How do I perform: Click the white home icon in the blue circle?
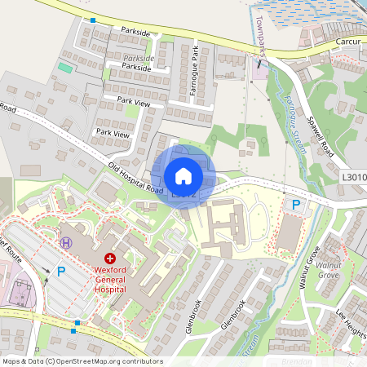point(183,175)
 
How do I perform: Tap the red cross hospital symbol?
point(110,257)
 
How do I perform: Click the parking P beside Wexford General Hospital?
point(60,272)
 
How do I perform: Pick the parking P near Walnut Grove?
point(296,206)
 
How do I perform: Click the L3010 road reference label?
point(354,177)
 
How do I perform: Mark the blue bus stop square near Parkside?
point(93,20)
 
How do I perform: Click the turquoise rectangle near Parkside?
point(64,66)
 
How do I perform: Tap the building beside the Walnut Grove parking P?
point(289,234)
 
